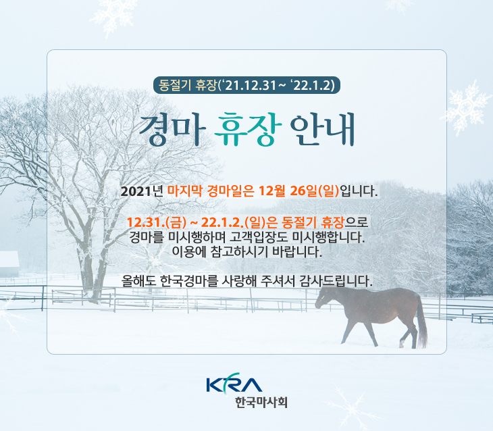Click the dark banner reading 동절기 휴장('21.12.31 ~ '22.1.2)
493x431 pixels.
point(246,85)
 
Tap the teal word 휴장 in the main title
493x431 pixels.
point(248,129)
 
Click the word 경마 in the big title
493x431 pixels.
point(172,129)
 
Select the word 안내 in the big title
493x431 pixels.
point(323,129)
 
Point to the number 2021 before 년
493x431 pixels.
point(136,191)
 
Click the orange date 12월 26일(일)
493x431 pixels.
point(299,191)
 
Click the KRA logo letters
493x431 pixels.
point(234,383)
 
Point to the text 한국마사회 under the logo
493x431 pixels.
point(261,402)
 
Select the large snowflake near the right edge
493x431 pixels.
point(467,107)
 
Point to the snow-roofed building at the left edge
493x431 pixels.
point(9,263)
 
